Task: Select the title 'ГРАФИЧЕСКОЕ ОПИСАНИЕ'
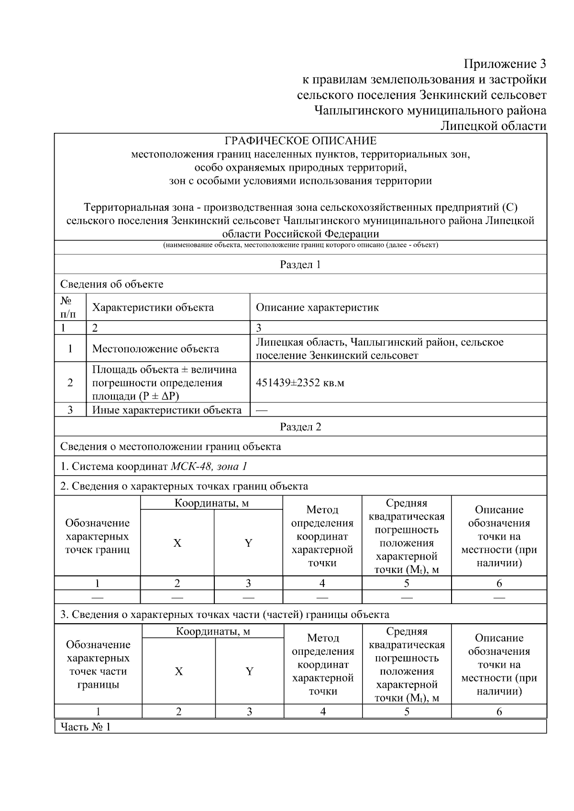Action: pyautogui.click(x=300, y=141)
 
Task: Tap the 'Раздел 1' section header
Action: pyautogui.click(x=300, y=264)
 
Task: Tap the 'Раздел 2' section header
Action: pyautogui.click(x=300, y=427)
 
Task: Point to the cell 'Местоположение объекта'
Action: pyautogui.click(x=155, y=348)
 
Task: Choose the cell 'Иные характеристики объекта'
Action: pyautogui.click(x=167, y=410)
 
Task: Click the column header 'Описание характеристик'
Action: pyautogui.click(x=317, y=307)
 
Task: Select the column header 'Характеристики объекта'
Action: pyautogui.click(x=153, y=307)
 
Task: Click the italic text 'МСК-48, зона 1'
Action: pyautogui.click(x=209, y=466)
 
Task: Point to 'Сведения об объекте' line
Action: pyautogui.click(x=111, y=284)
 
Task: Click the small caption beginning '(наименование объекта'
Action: pyautogui.click(x=300, y=245)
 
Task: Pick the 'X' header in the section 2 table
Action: pyautogui.click(x=177, y=543)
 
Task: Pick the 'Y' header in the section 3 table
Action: pyautogui.click(x=249, y=671)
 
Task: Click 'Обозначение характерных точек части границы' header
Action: pyautogui.click(x=98, y=665)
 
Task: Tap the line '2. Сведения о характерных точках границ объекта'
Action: pyautogui.click(x=184, y=486)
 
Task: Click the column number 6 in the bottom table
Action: pyautogui.click(x=499, y=712)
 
